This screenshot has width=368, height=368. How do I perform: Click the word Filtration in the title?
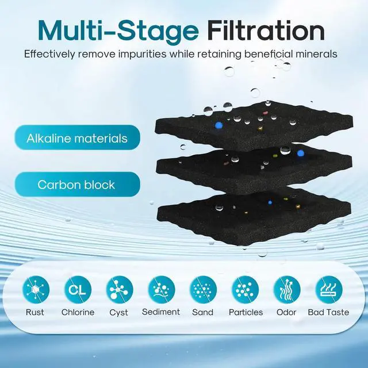(x=266, y=30)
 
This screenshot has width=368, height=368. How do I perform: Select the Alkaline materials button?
(x=77, y=137)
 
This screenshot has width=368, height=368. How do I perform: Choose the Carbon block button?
(x=77, y=185)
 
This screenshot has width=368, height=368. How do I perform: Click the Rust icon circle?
(x=36, y=290)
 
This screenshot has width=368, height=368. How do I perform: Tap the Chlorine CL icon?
(x=78, y=290)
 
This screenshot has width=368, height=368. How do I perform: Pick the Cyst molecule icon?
(x=120, y=290)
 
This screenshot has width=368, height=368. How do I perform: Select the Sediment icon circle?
(x=162, y=290)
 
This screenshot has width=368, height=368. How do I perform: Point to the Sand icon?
(x=203, y=290)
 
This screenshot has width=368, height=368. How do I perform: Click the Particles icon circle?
(x=246, y=290)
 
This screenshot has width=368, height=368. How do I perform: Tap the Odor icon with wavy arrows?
(x=287, y=290)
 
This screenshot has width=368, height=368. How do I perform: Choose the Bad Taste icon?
(x=329, y=290)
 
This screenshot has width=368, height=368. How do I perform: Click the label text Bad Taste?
(x=328, y=312)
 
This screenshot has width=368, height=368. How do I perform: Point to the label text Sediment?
(x=161, y=312)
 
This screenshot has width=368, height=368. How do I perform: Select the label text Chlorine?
(x=78, y=312)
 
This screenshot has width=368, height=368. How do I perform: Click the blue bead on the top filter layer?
(x=218, y=125)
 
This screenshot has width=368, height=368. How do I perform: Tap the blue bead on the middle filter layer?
(x=300, y=154)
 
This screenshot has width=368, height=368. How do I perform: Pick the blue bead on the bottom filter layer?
(x=270, y=202)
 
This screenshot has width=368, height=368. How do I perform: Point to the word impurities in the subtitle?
(x=142, y=55)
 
